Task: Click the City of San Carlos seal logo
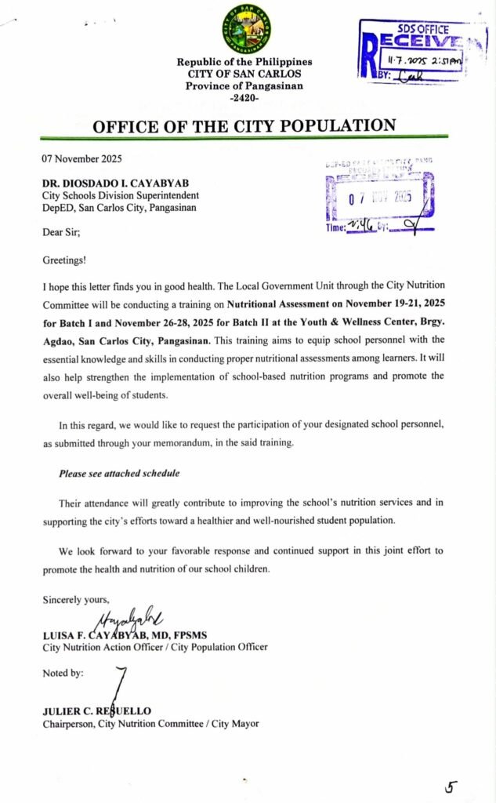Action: coord(247,28)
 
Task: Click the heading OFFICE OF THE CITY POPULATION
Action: coord(244,125)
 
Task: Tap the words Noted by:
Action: coord(63,673)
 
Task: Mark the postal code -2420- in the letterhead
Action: coord(244,98)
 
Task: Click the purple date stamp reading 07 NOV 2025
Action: coord(379,198)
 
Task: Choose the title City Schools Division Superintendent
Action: coord(121,195)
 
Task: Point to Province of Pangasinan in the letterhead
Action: coord(244,86)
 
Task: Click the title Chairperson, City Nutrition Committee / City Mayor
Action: coord(150,723)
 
